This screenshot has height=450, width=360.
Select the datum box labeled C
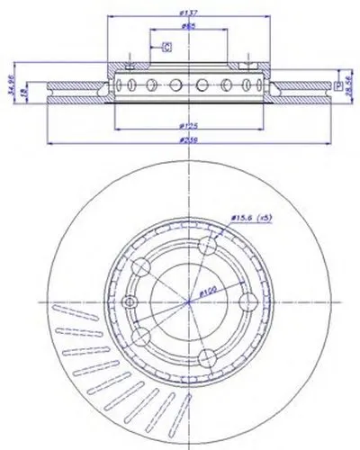[166, 48]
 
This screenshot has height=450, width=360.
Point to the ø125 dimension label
[189, 127]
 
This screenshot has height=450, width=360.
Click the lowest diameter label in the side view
[189, 141]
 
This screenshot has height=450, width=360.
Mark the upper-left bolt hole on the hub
[142, 269]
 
